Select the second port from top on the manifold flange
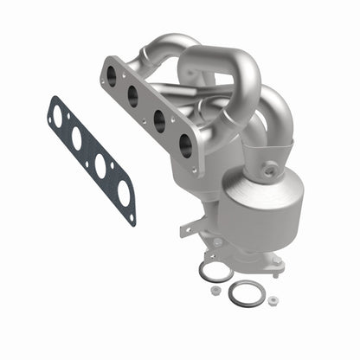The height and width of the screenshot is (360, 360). (x=133, y=96)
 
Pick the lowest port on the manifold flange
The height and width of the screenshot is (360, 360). (x=183, y=144)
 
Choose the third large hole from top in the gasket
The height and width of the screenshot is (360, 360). (x=100, y=166)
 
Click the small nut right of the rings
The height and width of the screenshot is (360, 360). (x=273, y=300)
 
